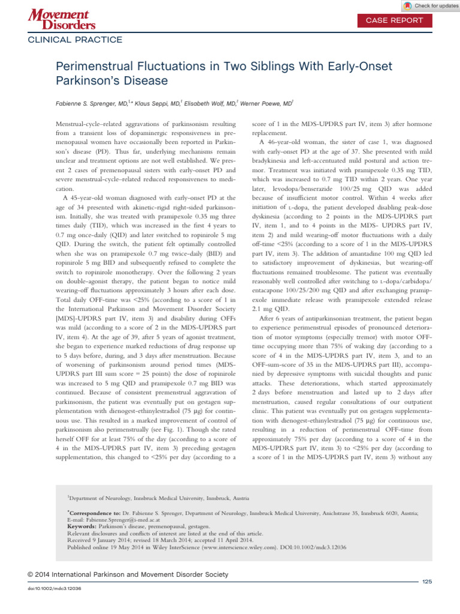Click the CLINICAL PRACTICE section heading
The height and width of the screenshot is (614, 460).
coord(75,40)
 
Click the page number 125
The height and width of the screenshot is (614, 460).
coord(427,582)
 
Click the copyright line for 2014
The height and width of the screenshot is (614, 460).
coord(128,574)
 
